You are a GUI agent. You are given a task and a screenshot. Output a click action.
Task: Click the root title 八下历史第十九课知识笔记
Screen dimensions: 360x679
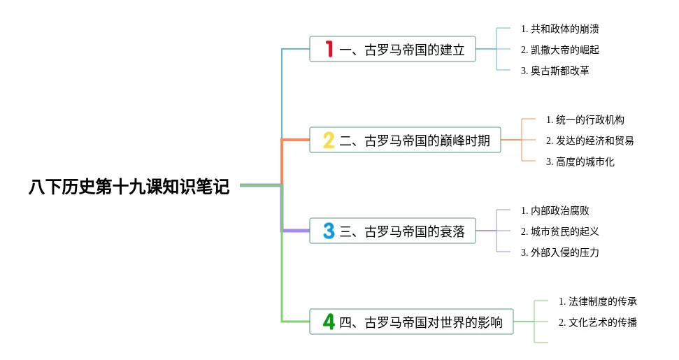129,187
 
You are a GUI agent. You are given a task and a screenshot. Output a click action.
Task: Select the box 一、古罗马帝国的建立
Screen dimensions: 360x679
392,50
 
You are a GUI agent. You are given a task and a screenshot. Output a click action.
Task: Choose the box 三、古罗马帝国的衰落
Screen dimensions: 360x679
392,231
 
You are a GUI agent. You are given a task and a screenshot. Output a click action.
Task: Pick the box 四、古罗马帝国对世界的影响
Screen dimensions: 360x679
411,322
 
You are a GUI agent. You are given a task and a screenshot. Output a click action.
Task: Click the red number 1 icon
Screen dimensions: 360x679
329,50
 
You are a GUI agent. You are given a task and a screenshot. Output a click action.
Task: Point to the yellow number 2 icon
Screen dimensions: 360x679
329,141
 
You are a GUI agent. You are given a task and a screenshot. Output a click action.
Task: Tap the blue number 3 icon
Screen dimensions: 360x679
329,231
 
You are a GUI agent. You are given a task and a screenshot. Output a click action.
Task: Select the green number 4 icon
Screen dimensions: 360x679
329,322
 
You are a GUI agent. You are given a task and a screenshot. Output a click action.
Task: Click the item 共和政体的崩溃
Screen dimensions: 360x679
560,29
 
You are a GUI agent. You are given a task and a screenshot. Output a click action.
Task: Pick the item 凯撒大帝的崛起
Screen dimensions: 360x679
560,50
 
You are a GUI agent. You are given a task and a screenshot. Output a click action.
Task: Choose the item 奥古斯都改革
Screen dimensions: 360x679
555,71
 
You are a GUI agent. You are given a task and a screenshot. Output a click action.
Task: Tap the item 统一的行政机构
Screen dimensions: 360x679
585,120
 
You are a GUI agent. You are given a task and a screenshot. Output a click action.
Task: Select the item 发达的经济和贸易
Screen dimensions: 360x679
590,141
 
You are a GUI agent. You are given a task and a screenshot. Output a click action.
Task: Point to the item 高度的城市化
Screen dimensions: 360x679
580,161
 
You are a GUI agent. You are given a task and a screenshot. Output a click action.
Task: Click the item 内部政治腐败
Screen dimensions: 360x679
555,210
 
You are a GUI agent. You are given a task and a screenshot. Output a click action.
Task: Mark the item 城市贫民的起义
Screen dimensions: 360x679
560,231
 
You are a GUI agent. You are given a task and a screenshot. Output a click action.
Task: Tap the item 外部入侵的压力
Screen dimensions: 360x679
560,252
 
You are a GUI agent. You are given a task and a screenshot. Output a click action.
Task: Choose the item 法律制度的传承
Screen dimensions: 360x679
598,301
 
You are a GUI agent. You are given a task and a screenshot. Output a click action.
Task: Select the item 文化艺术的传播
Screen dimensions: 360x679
598,322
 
